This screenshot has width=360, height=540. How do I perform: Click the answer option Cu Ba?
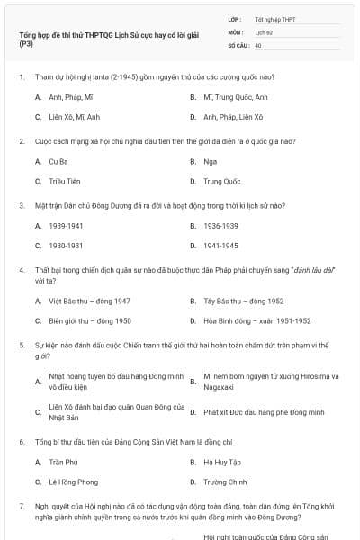pos(58,162)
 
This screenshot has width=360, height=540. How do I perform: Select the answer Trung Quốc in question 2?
pos(221,181)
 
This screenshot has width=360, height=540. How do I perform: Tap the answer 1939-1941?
pos(65,226)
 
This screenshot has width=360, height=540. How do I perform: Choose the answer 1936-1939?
pos(220,226)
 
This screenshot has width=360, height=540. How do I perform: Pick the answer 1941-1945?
pos(220,245)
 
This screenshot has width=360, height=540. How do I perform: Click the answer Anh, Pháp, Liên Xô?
pos(233,117)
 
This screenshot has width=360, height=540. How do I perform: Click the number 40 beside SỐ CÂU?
pos(258,44)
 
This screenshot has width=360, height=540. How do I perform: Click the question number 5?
pos(22,344)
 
